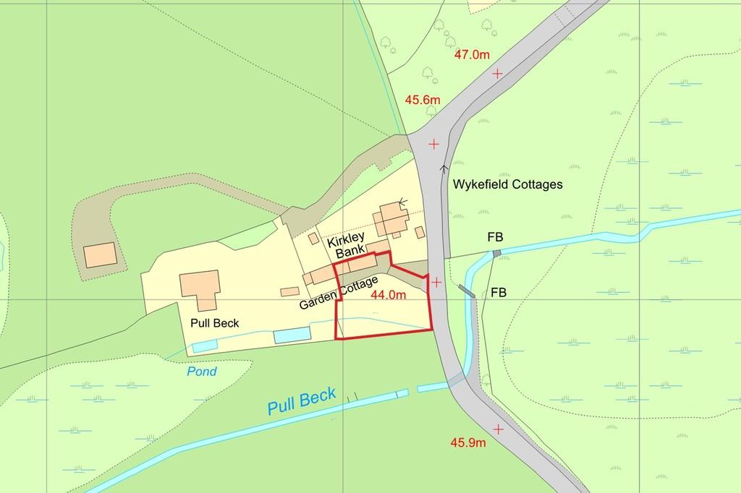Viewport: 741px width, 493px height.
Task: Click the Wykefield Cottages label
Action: [x=507, y=184]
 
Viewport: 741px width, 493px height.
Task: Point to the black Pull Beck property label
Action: [x=215, y=323]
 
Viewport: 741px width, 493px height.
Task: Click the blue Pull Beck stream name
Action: [x=302, y=401]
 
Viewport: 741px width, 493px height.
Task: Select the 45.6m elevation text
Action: [x=423, y=99]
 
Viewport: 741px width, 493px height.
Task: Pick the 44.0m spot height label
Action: [x=388, y=294]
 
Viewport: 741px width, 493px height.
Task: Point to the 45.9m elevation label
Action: [x=467, y=442]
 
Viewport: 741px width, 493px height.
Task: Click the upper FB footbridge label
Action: [x=495, y=237]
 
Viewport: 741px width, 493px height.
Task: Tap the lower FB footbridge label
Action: [x=498, y=293]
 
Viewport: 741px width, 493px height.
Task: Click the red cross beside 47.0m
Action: [x=497, y=74]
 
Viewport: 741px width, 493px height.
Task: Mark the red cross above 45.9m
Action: [x=498, y=429]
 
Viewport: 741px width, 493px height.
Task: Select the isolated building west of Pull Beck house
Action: [x=99, y=255]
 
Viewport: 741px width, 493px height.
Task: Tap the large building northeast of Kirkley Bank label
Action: [x=391, y=218]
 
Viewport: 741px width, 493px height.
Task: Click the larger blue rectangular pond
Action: [x=292, y=335]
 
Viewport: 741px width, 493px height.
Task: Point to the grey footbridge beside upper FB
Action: [x=496, y=253]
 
